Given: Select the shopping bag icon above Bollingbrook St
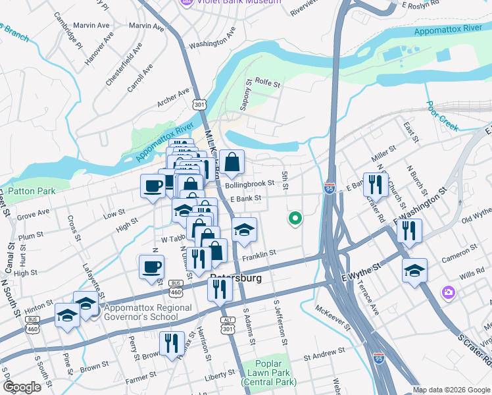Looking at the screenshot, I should tap(232, 162).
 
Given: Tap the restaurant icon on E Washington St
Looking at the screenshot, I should tap(409, 230).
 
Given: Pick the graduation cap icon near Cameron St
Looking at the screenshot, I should tap(414, 271).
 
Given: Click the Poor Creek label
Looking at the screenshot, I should tap(441, 115).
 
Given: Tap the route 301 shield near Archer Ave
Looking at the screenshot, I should tap(200, 104).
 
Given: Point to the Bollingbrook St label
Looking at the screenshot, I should tap(249, 185).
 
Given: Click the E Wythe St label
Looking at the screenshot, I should tap(360, 269).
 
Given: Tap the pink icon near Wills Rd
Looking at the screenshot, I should tap(449, 291).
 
